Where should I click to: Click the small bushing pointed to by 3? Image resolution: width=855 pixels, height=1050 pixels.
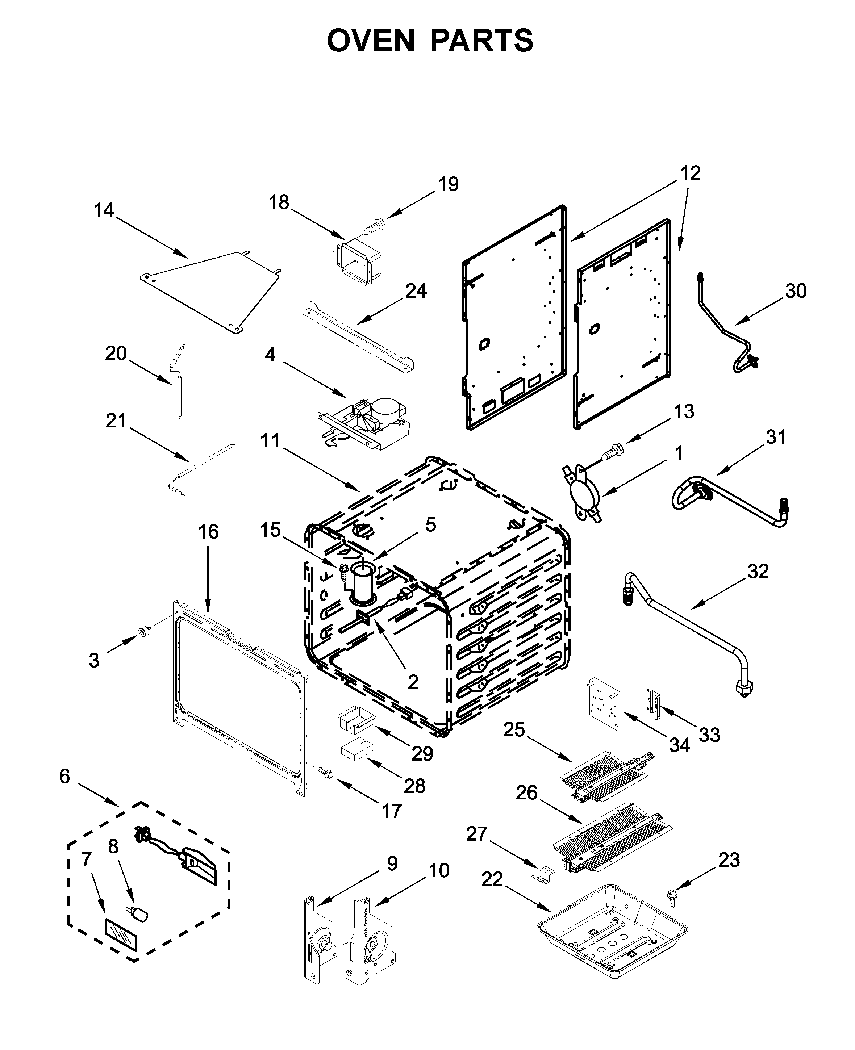143,631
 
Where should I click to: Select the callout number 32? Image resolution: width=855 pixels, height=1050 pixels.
758,571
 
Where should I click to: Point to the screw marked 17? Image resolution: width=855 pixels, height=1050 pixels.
325,773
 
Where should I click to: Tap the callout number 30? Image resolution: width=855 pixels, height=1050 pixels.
796,291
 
